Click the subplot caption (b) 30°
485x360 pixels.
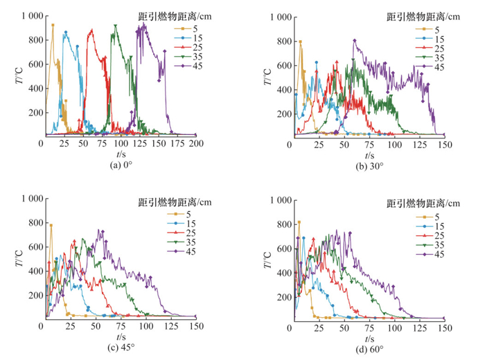tap(369, 165)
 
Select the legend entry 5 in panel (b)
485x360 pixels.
tap(438, 29)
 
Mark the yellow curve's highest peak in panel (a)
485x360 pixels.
tap(53, 26)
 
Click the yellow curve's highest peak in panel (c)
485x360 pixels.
tap(51, 225)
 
